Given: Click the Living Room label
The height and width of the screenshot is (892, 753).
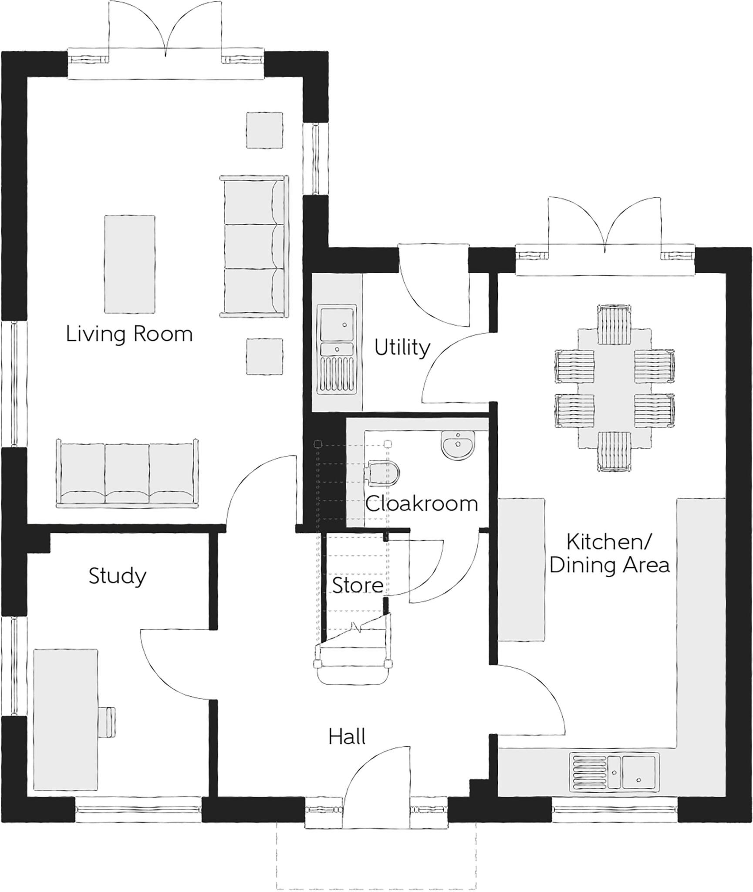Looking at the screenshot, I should click(x=129, y=334).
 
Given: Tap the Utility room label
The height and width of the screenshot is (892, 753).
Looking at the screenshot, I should click(x=402, y=348).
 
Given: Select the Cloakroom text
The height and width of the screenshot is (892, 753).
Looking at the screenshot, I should click(x=421, y=504).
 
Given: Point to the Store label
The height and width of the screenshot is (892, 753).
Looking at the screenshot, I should click(x=358, y=585).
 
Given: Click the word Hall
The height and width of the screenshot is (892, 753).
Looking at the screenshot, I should click(x=347, y=737).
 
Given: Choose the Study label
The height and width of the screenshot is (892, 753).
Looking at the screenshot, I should click(x=117, y=576).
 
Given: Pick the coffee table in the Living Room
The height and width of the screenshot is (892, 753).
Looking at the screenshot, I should click(x=129, y=264).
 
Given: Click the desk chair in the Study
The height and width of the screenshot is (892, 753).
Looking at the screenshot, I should click(x=108, y=723).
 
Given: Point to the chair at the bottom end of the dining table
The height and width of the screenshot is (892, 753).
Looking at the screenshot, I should click(x=614, y=451).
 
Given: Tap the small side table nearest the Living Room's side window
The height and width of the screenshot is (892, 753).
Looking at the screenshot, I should click(x=265, y=130).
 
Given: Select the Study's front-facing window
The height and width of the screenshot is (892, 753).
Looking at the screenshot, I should click(x=138, y=810).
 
